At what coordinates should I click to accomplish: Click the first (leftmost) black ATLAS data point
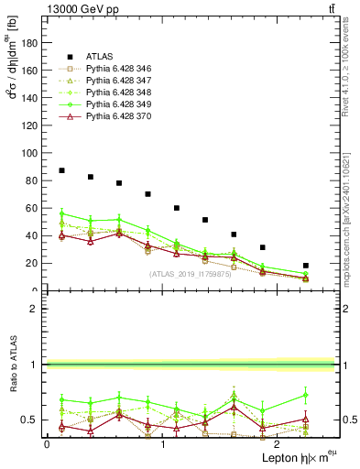[x=61, y=170]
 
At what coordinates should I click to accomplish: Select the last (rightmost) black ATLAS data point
[x=306, y=266]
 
